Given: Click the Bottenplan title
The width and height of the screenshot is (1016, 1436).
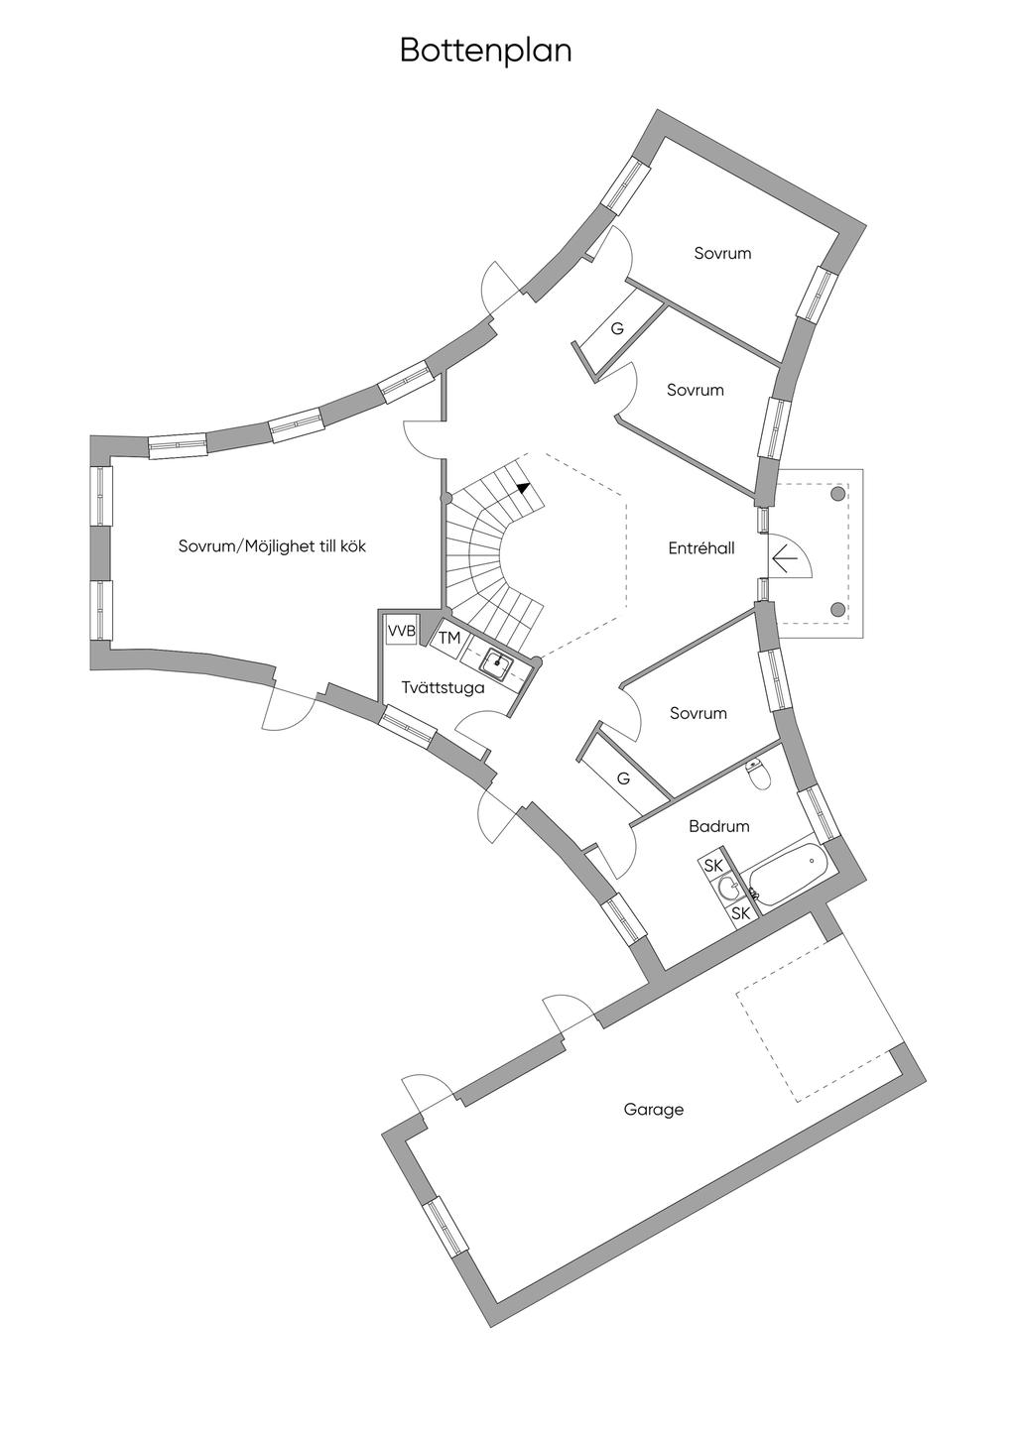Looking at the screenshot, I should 486,50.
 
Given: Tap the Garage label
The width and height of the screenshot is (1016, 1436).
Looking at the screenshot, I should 654,1110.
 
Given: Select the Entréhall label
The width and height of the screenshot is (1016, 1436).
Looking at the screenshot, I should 701,547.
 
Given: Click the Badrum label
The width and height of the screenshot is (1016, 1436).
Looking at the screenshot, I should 719,826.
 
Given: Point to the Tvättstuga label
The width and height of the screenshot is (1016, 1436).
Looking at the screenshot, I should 444,687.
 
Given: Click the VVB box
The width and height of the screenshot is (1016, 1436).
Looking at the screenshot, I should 401,631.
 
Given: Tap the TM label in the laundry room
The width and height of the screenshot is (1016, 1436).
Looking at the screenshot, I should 449,639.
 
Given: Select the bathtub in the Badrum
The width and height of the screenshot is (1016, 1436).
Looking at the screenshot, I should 788,873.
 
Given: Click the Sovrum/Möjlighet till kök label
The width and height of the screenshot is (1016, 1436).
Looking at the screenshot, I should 272,546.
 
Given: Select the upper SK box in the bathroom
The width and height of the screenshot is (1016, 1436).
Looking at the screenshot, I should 713,866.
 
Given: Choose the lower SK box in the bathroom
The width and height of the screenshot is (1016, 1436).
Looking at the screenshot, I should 740,913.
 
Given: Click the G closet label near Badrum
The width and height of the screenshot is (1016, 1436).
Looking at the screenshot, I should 623,778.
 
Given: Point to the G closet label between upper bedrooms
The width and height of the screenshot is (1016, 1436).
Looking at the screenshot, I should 617,328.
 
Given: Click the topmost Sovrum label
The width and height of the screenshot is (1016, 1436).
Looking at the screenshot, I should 722,254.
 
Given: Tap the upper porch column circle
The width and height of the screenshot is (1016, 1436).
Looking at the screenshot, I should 837,494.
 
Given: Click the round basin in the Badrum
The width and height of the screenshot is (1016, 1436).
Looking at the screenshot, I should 728,888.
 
